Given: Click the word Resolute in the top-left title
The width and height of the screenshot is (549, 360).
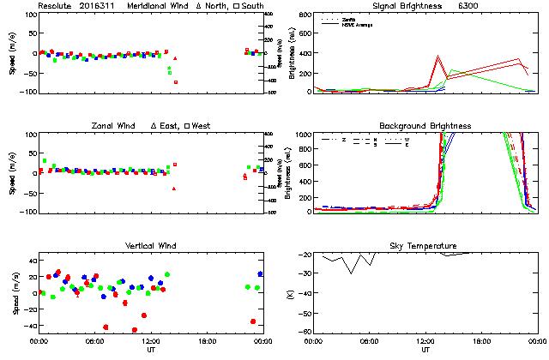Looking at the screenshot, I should coord(57,6).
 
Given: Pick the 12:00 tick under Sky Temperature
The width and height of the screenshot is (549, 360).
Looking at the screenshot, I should coord(425,341).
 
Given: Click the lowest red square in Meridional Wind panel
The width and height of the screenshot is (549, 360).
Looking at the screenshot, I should coord(176,82).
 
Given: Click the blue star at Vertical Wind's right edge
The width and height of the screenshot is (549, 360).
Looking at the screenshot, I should coord(260,274).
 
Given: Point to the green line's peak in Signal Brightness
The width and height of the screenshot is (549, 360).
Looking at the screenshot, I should coord(451,70).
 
